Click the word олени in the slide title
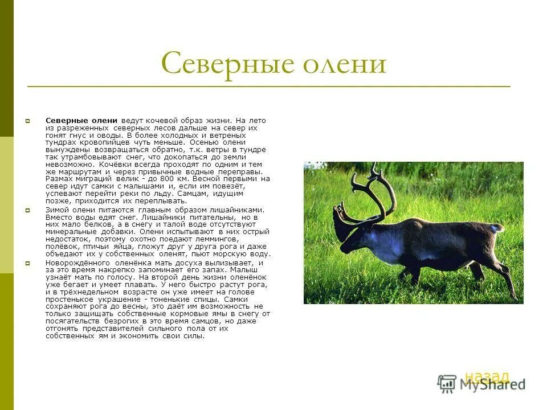[344, 64]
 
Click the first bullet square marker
[27, 121]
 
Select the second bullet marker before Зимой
[27, 210]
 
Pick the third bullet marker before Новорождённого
[27, 263]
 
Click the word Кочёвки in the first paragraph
[116, 163]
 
